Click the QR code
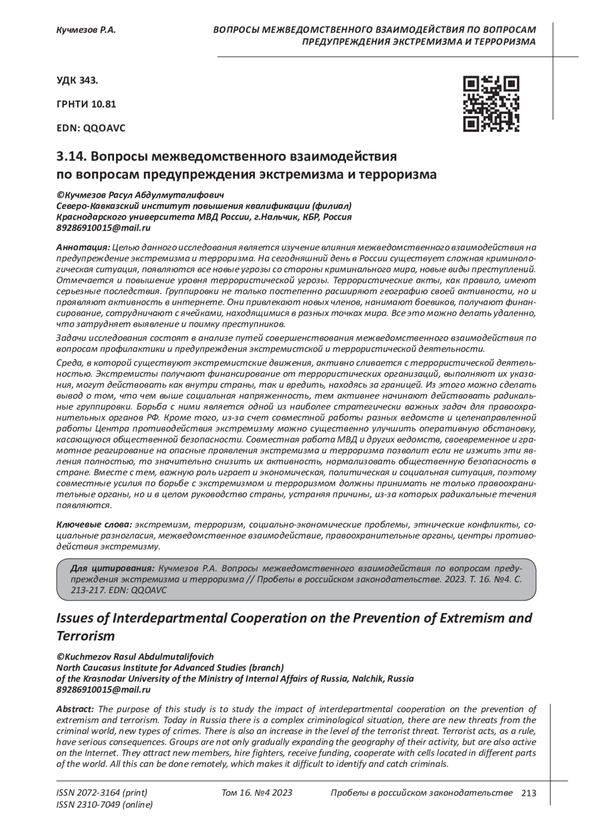pos(491,104)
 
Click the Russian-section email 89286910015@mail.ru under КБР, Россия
pos(104,228)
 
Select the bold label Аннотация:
pos(83,247)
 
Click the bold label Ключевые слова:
pos(94,524)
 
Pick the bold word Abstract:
pos(75,709)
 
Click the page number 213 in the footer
pos(528,794)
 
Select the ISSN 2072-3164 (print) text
pos(102,793)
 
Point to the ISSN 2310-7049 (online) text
pos(105,805)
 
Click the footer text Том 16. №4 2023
pos(257,793)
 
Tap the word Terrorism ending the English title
pos(86,636)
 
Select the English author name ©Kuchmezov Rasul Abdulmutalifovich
pos(135,657)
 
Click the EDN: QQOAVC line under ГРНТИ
pos(91,128)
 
